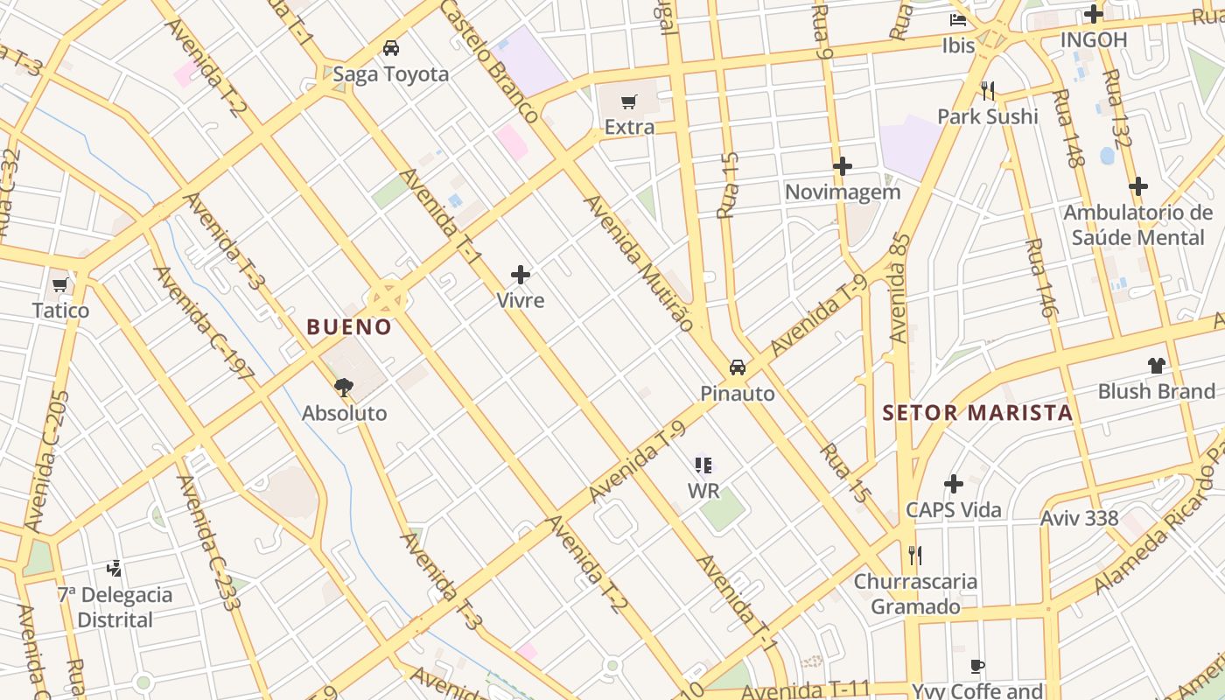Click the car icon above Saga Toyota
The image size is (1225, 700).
[391, 48]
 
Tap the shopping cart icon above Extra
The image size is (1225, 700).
[628, 102]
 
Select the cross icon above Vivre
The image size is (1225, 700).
[521, 275]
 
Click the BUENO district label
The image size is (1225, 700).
[349, 327]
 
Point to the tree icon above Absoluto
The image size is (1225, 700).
[344, 387]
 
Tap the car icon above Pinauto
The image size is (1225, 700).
[738, 367]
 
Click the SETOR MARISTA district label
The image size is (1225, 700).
[977, 413]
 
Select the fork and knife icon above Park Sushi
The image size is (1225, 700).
[988, 90]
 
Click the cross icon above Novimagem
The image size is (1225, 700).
[843, 165]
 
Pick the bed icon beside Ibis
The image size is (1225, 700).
[959, 20]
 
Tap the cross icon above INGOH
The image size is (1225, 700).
[1093, 14]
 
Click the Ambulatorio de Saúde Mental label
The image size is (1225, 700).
[1138, 225]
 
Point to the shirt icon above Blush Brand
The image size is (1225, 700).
[1157, 365]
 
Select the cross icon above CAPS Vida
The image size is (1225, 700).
[954, 484]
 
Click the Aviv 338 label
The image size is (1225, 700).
[1079, 518]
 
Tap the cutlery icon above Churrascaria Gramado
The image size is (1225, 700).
[915, 555]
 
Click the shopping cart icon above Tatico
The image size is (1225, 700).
[60, 284]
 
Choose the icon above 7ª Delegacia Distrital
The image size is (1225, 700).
[115, 569]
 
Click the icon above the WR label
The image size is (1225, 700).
[703, 465]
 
